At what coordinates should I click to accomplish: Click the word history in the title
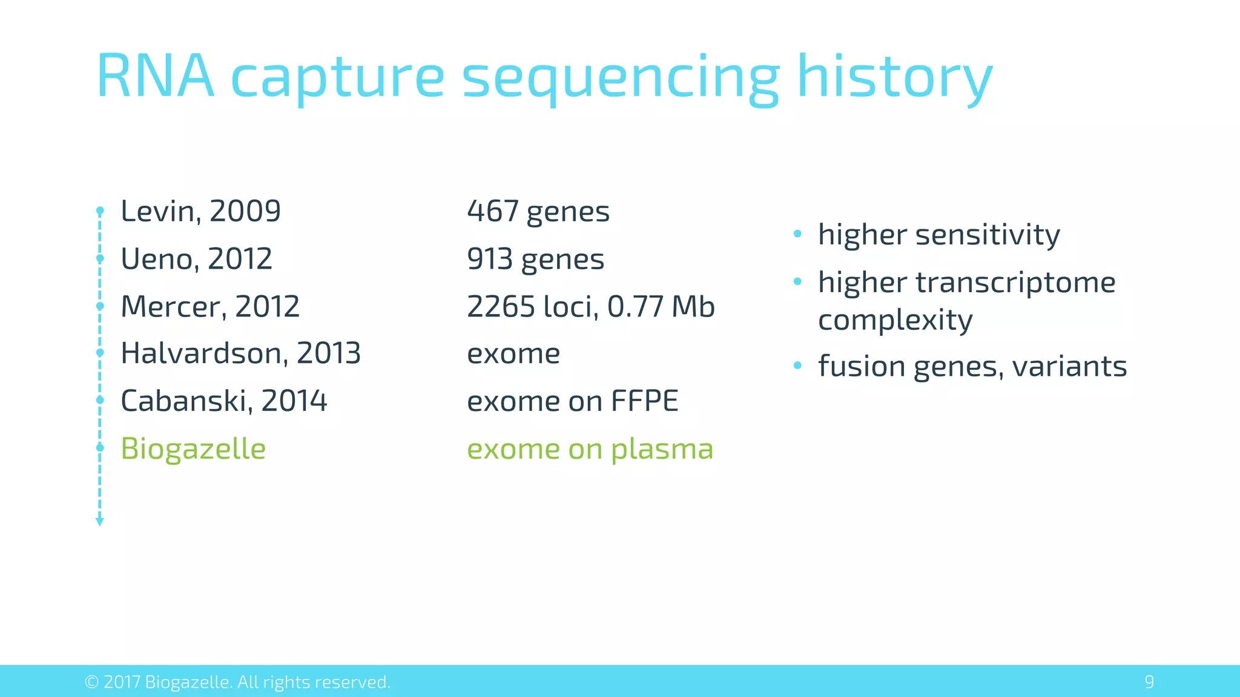[894, 77]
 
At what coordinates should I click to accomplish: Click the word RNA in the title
[156, 77]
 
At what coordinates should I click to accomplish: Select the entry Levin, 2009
[200, 211]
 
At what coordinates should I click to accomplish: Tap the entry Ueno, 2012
[196, 259]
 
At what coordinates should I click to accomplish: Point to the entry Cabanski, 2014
[223, 401]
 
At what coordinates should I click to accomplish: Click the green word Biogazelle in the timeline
[193, 449]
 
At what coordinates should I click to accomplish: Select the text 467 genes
[538, 212]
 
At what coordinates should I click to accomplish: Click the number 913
[490, 259]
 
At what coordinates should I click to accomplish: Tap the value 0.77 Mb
[661, 306]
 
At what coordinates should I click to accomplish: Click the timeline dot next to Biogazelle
[100, 448]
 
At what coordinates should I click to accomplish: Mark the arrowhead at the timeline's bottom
[100, 522]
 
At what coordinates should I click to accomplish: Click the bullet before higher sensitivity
[797, 234]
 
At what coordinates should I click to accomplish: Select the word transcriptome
[1015, 283]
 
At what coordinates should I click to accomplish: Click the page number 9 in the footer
[1149, 682]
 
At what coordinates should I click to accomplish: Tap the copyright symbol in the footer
[91, 682]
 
